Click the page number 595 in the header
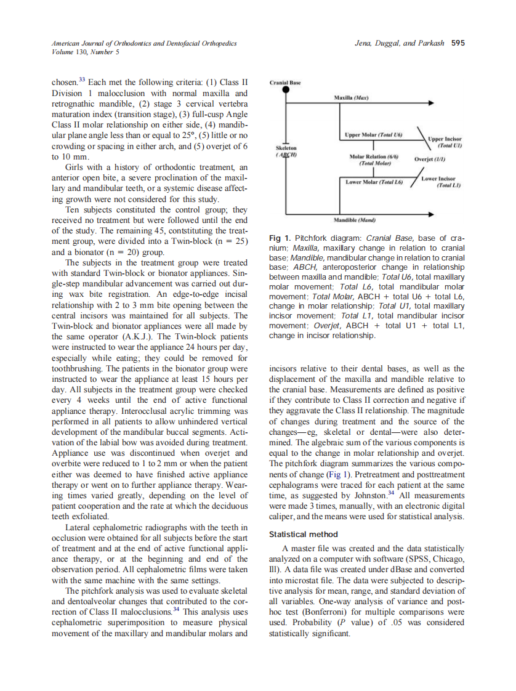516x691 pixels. [458, 43]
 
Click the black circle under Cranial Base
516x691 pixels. [286, 90]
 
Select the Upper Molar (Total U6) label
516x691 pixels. [373, 134]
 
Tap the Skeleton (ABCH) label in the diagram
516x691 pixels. [286, 152]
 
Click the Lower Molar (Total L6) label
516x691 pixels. [373, 182]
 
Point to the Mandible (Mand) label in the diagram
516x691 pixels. [355, 219]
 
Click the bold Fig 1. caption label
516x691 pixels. [280, 238]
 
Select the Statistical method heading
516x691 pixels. [303, 534]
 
